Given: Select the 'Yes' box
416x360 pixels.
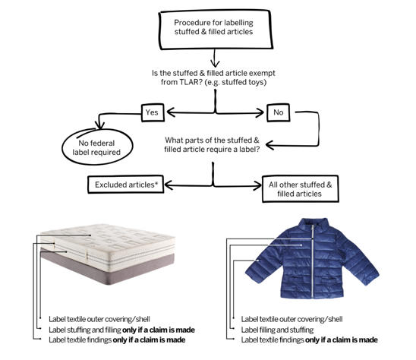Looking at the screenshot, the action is pyautogui.click(x=153, y=112).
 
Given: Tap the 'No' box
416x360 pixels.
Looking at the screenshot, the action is pyautogui.click(x=278, y=112).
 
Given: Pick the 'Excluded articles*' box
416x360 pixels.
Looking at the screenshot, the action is pyautogui.click(x=125, y=185).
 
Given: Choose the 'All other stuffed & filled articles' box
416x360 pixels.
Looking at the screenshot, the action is pyautogui.click(x=301, y=189).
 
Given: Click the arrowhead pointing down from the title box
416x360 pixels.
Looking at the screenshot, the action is pyautogui.click(x=215, y=63).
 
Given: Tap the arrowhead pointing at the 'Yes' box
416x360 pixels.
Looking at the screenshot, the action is pyautogui.click(x=171, y=112).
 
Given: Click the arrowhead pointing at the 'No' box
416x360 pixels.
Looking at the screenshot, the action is pyautogui.click(x=260, y=113).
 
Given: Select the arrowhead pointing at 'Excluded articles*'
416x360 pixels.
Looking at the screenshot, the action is pyautogui.click(x=169, y=185).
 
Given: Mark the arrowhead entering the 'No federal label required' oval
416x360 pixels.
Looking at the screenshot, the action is pyautogui.click(x=100, y=125).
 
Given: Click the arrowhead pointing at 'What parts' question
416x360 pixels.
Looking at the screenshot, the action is pyautogui.click(x=270, y=145).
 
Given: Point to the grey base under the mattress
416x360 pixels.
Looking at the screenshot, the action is pyautogui.click(x=108, y=268).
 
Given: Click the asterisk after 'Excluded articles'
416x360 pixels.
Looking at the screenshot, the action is pyautogui.click(x=156, y=183).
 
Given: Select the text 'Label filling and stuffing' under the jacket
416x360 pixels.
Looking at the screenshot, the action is pyautogui.click(x=277, y=330).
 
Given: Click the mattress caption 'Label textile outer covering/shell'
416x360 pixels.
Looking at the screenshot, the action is pyautogui.click(x=99, y=319).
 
